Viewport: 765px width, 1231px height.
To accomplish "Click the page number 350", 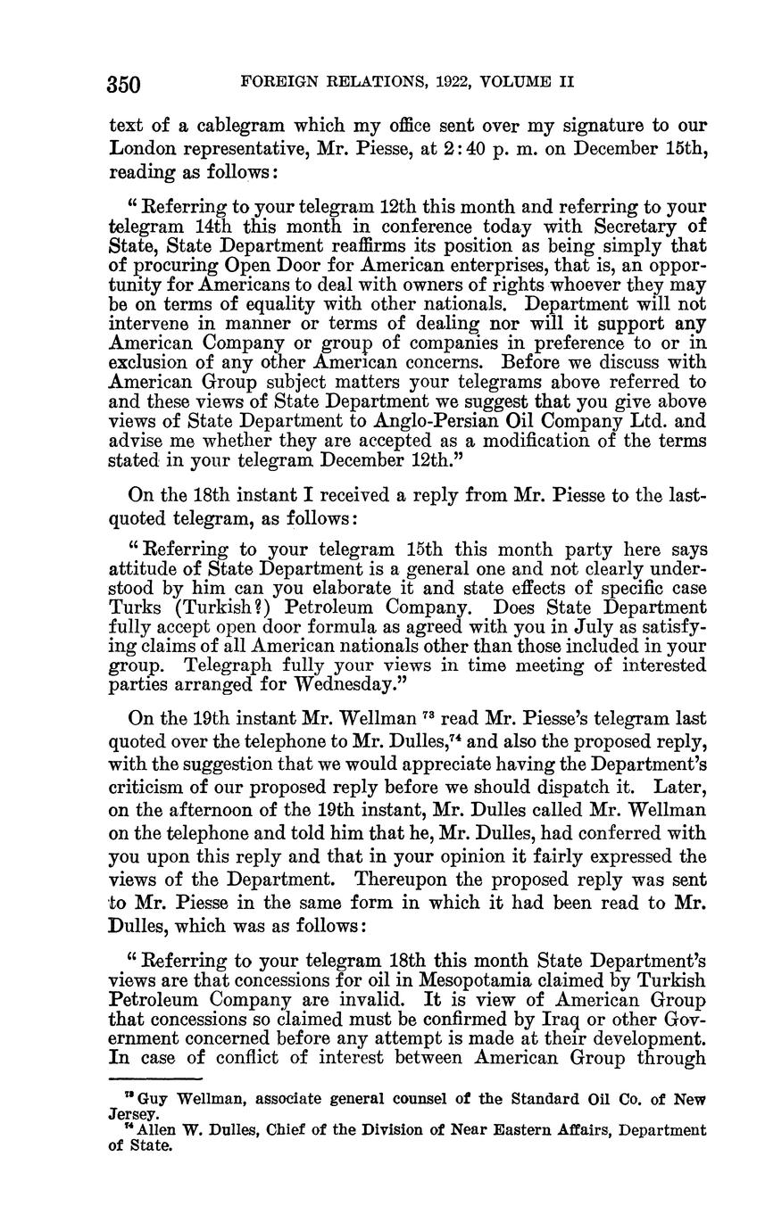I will pyautogui.click(x=124, y=85).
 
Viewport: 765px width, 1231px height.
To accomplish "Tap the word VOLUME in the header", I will pyautogui.click(x=515, y=82).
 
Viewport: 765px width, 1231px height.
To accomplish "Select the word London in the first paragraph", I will pyautogui.click(x=142, y=148).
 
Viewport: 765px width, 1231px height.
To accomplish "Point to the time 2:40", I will pyautogui.click(x=489, y=148).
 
